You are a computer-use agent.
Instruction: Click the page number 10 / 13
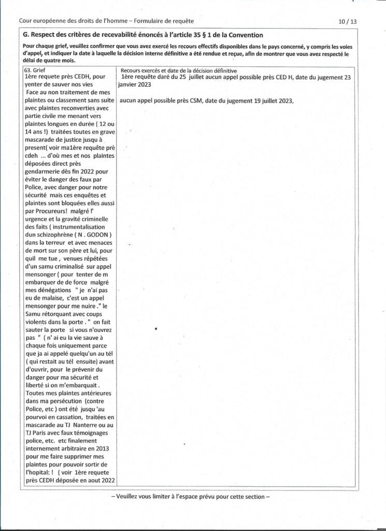click(347, 21)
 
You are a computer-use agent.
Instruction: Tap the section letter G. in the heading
click(27, 35)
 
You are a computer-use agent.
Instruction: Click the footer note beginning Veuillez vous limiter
click(191, 496)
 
